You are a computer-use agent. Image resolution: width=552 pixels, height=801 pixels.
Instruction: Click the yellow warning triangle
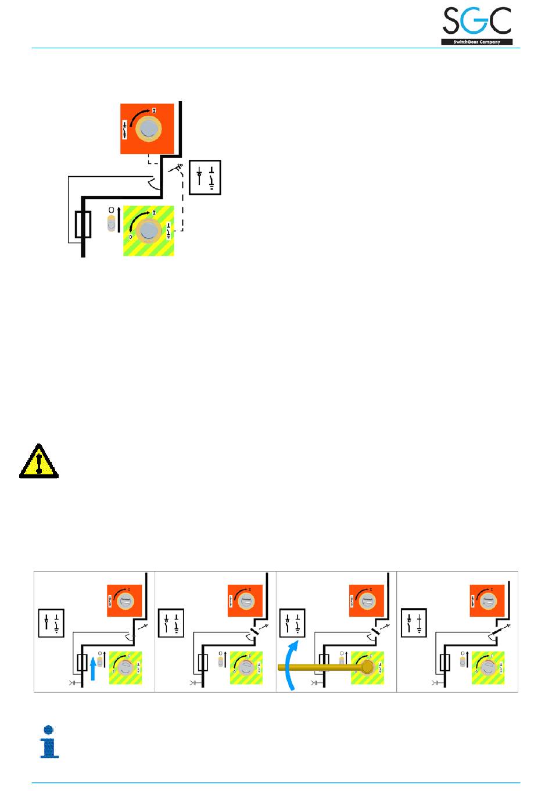[x=39, y=462]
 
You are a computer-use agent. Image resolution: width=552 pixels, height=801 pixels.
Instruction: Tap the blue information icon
[x=49, y=742]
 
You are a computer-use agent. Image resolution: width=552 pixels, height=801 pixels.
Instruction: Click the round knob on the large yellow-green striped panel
[x=149, y=231]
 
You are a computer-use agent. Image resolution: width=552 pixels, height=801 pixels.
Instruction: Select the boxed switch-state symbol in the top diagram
[x=205, y=177]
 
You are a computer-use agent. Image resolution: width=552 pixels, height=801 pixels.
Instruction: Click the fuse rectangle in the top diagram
[x=83, y=225]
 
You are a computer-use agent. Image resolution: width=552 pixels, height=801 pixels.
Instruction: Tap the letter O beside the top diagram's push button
[x=112, y=210]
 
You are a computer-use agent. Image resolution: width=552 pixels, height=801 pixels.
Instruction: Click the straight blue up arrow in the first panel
[x=93, y=668]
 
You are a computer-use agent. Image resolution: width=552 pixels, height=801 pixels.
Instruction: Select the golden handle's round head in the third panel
[x=367, y=667]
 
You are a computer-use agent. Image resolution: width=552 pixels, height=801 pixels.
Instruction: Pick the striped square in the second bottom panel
[x=246, y=668]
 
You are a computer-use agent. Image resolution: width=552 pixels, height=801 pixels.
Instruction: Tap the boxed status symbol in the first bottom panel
[x=51, y=624]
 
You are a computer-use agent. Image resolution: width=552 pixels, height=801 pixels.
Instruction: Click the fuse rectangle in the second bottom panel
[x=203, y=662]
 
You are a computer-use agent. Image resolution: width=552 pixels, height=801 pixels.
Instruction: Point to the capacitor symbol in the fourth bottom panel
[x=435, y=683]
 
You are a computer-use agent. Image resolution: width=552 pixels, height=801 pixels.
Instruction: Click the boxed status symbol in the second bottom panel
[x=171, y=624]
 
